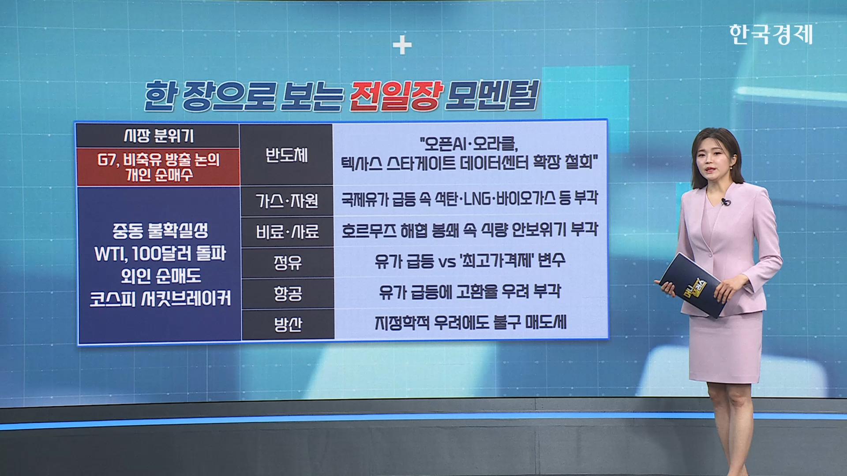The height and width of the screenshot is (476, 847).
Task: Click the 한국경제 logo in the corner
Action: [x=771, y=34]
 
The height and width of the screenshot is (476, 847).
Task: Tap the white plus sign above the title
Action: [x=402, y=45]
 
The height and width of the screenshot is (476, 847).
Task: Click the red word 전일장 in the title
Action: [x=396, y=96]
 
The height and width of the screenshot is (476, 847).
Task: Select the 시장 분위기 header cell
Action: [x=158, y=136]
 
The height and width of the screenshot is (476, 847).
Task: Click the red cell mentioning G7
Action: [x=158, y=167]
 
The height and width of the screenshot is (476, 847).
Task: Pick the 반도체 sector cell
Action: [x=287, y=154]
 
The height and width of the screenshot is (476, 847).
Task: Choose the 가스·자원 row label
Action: [x=287, y=201]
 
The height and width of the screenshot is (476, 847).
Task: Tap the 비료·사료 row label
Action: [x=287, y=232]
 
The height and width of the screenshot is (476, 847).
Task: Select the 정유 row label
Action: [x=287, y=263]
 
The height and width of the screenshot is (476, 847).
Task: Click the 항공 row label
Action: [x=287, y=293]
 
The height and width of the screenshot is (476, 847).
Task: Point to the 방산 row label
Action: [x=287, y=324]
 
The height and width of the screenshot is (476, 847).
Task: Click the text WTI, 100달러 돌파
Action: [x=160, y=253]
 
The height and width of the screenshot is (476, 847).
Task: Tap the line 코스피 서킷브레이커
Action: [x=160, y=299]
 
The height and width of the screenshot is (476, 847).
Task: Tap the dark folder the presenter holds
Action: [x=691, y=284]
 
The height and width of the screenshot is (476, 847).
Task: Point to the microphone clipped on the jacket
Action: [x=725, y=202]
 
